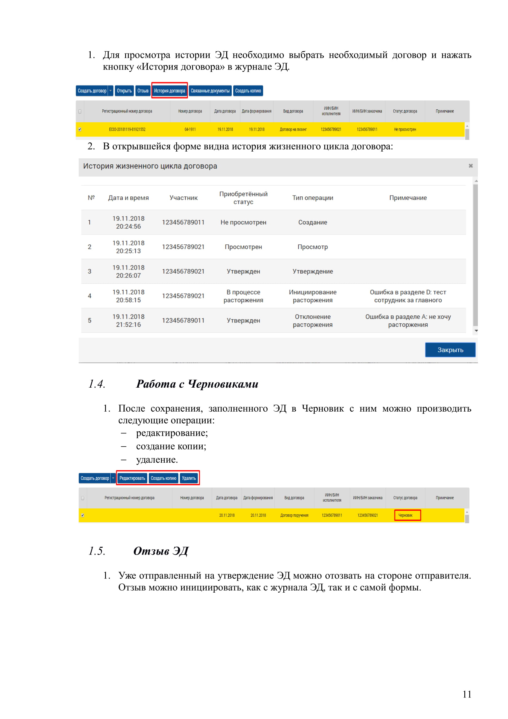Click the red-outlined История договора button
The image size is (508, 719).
pos(169,91)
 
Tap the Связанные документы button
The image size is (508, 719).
pos(210,91)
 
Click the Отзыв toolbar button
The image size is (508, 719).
pos(143,91)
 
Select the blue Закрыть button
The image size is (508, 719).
pos(450,350)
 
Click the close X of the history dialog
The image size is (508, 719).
pos(470,166)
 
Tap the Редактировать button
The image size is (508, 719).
pos(132,478)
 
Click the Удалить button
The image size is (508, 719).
pos(189,478)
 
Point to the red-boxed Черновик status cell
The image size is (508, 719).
pos(407,515)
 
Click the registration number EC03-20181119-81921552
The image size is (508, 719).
pos(127,129)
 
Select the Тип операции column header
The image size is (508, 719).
pos(312,198)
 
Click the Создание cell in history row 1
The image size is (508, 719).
pos(312,222)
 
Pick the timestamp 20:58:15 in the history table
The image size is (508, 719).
pos(128,300)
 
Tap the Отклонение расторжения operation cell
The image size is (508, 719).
pos(312,321)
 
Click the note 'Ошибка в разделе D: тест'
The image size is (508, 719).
pos(408,292)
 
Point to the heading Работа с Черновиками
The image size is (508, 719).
pos(197,384)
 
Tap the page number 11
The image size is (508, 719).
pos(467,695)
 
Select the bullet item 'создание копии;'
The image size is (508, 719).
pos(171,446)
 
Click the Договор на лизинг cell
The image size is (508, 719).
pos(293,129)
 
